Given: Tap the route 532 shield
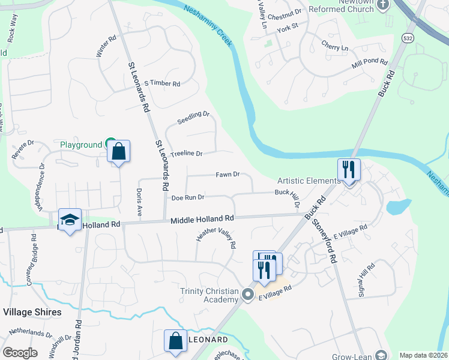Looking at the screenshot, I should (x=407, y=38).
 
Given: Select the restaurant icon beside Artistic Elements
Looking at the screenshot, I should (x=348, y=170).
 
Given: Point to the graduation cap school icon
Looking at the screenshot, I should (x=70, y=220).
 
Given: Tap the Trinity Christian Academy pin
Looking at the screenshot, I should (x=248, y=293).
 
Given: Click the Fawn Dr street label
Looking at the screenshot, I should (x=228, y=175).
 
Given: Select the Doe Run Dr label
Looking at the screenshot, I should (x=188, y=197).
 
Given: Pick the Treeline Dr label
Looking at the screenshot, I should (x=186, y=154).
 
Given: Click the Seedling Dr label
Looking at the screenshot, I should (x=193, y=118).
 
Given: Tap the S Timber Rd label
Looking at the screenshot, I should (x=162, y=83).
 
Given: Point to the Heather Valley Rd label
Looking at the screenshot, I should (x=215, y=239).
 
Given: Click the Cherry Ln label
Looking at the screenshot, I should (x=334, y=47).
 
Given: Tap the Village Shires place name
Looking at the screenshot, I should (x=32, y=312).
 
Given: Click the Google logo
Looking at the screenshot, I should (x=20, y=353).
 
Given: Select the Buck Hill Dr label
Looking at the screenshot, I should (x=288, y=197).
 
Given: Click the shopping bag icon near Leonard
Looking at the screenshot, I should (x=175, y=340).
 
